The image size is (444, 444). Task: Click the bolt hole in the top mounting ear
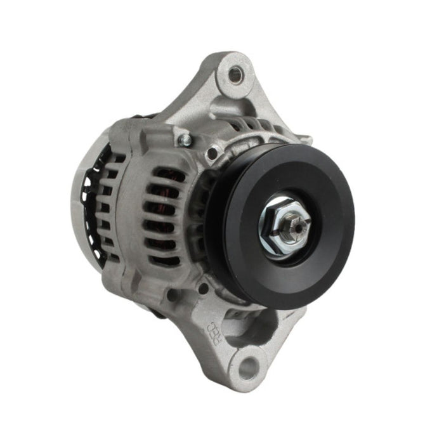point(235,75)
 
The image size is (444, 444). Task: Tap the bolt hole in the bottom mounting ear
point(247,366)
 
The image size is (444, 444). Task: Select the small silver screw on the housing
point(185,139)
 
